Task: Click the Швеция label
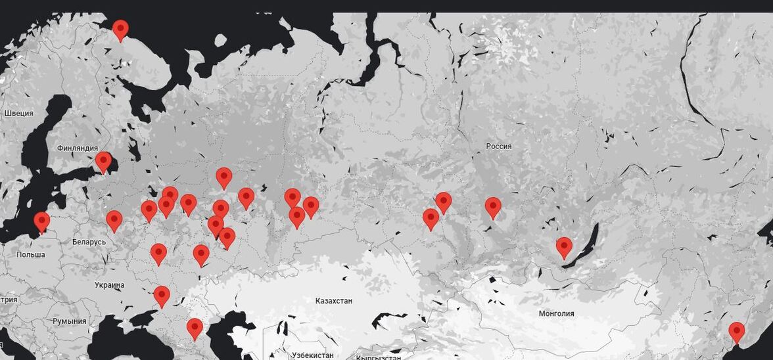point(18,113)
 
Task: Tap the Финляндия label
point(78,148)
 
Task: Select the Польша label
point(30,254)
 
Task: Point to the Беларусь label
point(89,242)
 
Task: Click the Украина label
point(109,285)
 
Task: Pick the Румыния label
point(70,321)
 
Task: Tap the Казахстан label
point(334,301)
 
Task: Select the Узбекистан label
point(312,355)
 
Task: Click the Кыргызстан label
point(379,357)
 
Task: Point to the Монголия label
point(556,313)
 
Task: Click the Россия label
point(499,146)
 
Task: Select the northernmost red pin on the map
point(120,30)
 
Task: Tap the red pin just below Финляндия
point(103,162)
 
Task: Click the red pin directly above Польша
point(42,222)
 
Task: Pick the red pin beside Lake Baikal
point(564,247)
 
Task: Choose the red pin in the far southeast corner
point(737,332)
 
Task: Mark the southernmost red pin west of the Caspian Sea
point(195,328)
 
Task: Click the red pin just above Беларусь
point(114,221)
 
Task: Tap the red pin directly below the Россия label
point(493,208)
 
